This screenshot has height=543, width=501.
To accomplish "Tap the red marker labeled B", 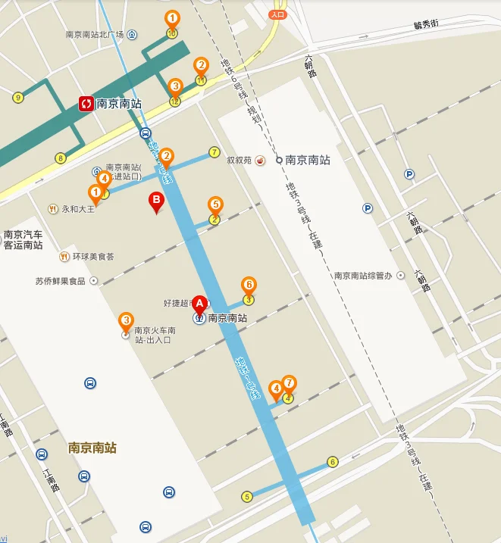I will tap(156, 202).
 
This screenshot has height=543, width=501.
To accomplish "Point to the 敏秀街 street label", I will tap(426, 24).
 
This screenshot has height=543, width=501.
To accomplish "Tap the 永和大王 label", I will tap(78, 208).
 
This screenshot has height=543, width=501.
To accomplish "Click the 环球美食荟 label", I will tap(93, 256).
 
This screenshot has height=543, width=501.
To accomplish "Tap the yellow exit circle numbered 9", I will tap(17, 97).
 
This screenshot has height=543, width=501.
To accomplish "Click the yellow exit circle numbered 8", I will tap(61, 158).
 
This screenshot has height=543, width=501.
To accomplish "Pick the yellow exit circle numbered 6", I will tap(332, 462).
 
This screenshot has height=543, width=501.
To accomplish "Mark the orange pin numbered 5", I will tap(215, 204).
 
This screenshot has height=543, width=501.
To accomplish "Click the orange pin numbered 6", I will tap(248, 285).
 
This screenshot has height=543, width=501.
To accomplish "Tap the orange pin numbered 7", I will tap(289, 382).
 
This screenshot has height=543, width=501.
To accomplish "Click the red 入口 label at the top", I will tap(277, 14).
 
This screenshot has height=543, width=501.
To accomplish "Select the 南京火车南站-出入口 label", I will tap(155, 335).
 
